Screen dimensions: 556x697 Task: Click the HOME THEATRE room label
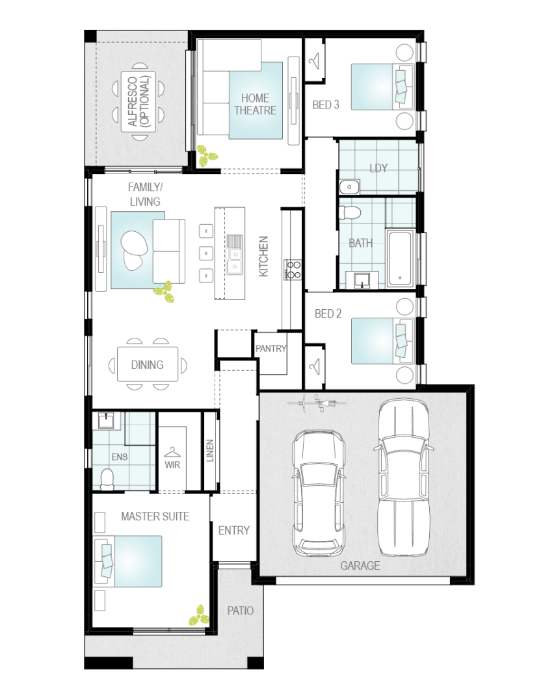[256, 104]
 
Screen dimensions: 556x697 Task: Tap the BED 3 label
[326, 105]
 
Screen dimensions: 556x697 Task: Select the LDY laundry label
[378, 168]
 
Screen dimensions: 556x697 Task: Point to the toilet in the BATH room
[349, 212]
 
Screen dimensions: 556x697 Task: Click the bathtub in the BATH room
[400, 257]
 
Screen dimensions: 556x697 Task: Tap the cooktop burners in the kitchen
[293, 270]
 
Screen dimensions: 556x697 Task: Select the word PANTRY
[271, 348]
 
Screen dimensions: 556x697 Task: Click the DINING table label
[148, 365]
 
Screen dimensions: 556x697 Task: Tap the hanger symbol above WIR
[172, 453]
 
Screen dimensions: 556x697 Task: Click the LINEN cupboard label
[210, 450]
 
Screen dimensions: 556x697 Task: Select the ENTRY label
[233, 530]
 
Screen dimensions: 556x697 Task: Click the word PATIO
[241, 611]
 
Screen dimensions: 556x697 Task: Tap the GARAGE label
[360, 565]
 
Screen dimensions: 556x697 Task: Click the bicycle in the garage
[317, 403]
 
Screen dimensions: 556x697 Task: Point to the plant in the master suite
[199, 616]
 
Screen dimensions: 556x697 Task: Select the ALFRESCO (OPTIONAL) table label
[139, 102]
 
